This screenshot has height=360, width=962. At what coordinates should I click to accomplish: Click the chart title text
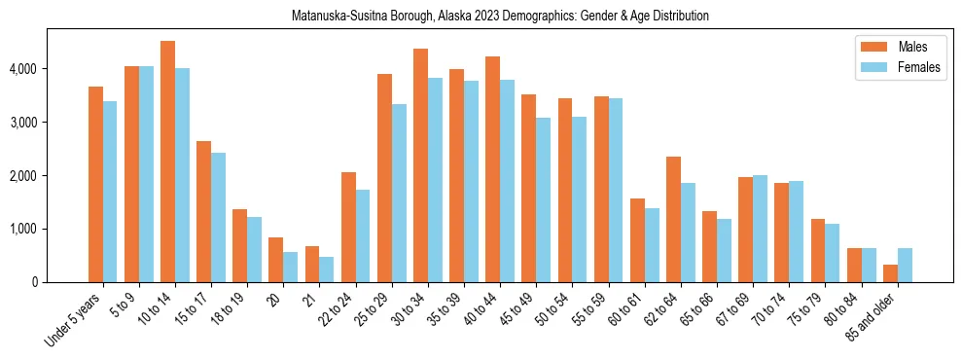500,17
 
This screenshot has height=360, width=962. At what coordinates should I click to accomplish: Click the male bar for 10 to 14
167,162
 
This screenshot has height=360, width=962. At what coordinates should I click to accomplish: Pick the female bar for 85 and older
905,265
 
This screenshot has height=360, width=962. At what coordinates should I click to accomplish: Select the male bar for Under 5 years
95,184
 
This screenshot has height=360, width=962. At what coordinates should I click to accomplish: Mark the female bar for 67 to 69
760,229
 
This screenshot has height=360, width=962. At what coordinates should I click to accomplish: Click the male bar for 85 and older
890,273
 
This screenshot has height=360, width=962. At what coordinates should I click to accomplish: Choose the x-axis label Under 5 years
74,320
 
